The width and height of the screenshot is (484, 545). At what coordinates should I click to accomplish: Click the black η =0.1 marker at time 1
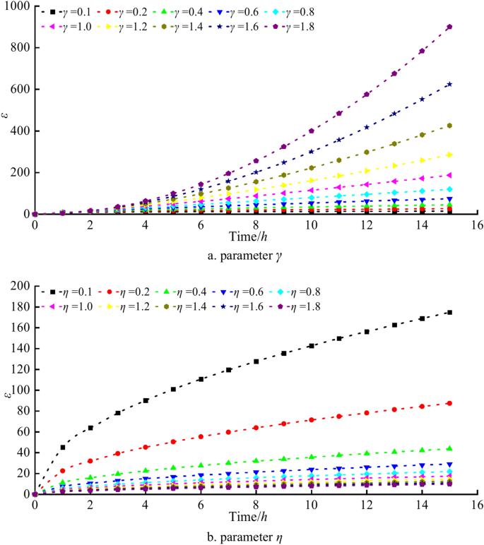click(x=63, y=447)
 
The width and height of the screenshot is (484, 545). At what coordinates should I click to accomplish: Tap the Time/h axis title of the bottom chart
click(x=242, y=515)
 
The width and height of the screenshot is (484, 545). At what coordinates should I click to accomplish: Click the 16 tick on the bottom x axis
click(x=477, y=505)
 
